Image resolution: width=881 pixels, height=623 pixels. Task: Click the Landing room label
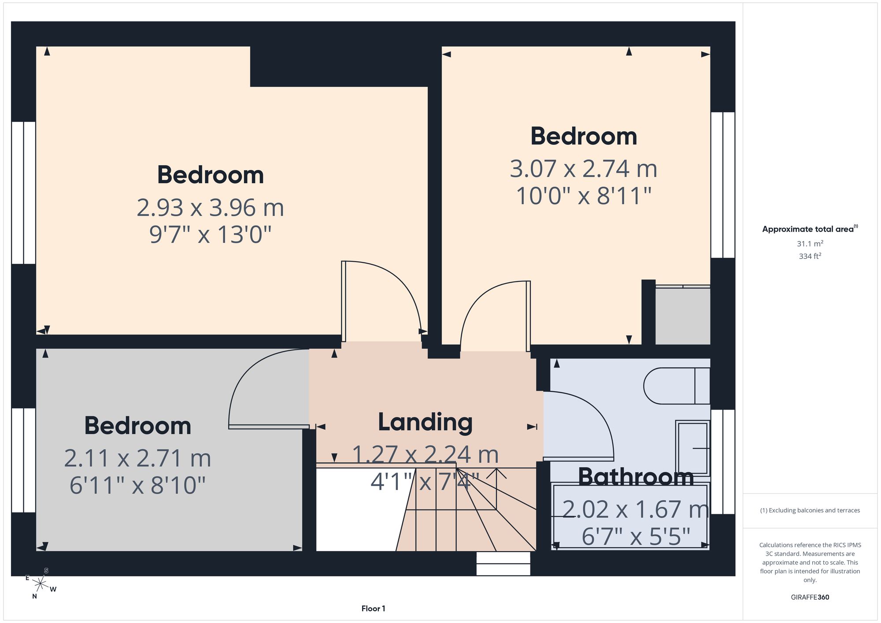tap(425, 422)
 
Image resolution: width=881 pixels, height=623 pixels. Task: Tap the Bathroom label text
tap(636, 477)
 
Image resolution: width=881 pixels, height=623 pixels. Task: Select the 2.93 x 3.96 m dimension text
tap(210, 208)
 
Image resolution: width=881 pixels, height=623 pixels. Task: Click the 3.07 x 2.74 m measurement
tap(584, 169)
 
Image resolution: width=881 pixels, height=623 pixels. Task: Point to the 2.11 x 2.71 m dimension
tap(137, 458)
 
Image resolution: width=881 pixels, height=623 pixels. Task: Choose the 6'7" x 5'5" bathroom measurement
tap(636, 537)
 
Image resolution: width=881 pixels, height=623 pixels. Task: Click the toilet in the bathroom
tap(677, 386)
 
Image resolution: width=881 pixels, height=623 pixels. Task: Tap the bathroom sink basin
tap(692, 448)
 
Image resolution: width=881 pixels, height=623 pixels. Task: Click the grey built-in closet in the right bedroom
tap(683, 316)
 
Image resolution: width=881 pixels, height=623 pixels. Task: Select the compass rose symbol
tap(41, 584)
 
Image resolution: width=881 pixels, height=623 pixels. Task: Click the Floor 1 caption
tap(373, 608)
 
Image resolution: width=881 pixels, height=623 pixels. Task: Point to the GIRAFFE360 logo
tap(810, 597)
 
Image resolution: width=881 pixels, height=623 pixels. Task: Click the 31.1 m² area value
tap(810, 243)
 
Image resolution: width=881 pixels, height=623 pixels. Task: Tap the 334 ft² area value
tap(810, 256)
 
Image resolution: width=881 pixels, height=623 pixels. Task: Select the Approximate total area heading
tap(810, 229)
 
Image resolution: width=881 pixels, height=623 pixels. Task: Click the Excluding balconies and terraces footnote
tap(810, 510)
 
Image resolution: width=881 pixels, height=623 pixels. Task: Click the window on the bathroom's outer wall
tap(723, 462)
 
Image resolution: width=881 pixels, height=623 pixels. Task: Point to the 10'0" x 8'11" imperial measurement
tap(584, 196)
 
